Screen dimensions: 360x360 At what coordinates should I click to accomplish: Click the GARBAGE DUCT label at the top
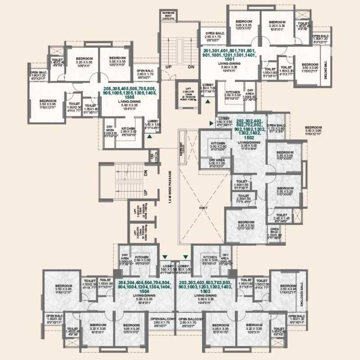tap(167, 14)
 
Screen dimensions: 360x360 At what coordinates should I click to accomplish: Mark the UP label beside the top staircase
tap(168, 67)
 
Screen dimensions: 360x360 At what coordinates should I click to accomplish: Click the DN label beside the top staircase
tap(191, 67)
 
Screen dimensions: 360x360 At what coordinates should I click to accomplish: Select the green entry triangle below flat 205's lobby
tap(149, 137)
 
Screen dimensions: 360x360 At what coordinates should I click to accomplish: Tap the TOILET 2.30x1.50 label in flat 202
tap(243, 198)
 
